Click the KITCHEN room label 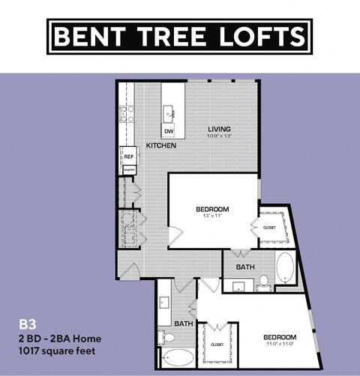(160, 145)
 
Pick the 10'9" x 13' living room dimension (220, 136)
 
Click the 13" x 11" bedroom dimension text (211, 215)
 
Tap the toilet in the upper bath (264, 282)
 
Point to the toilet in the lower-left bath (163, 336)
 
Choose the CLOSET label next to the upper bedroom (270, 227)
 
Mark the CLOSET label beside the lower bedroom (217, 345)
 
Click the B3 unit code (27, 325)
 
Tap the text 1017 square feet (57, 350)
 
